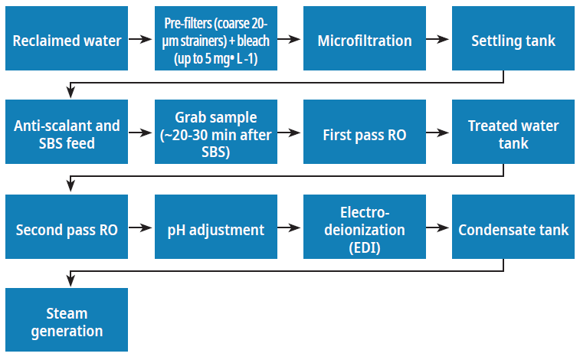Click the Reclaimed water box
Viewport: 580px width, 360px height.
(67, 40)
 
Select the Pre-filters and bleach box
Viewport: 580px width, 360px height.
(215, 40)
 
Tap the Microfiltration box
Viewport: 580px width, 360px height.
(365, 40)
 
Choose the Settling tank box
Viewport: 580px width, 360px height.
(513, 40)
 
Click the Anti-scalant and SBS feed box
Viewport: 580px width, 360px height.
(67, 133)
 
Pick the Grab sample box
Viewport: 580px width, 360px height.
(215, 133)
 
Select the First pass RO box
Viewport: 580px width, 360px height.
(365, 133)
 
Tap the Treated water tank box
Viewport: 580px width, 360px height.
(513, 133)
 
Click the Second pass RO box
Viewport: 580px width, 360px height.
(67, 228)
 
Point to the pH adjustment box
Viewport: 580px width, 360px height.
(215, 228)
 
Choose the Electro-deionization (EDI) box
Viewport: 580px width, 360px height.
(365, 228)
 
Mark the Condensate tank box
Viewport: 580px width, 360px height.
(513, 228)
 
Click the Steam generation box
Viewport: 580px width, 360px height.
(67, 322)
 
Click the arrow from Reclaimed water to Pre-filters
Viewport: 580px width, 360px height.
(141, 40)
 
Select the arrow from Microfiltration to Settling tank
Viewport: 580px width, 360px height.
(438, 40)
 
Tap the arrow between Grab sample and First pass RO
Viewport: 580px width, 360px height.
(290, 133)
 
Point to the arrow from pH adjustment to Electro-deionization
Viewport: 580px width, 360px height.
(290, 228)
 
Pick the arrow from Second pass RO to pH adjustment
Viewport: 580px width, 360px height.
(141, 228)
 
